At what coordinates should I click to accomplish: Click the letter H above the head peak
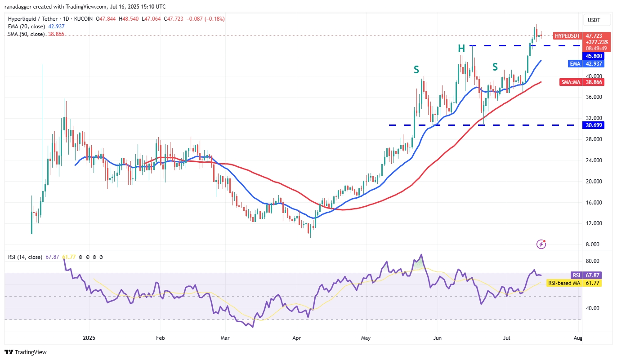point(461,49)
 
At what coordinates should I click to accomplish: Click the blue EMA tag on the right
point(575,64)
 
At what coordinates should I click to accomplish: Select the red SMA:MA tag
point(569,82)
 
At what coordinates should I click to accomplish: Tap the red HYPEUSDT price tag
point(567,36)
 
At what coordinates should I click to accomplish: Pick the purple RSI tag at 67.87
point(576,275)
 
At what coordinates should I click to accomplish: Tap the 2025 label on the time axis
point(89,337)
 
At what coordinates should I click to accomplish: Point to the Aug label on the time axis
point(578,337)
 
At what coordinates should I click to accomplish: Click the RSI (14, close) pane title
point(25,257)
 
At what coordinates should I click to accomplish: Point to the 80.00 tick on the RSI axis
point(592,261)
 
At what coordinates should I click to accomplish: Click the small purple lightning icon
point(541,244)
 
